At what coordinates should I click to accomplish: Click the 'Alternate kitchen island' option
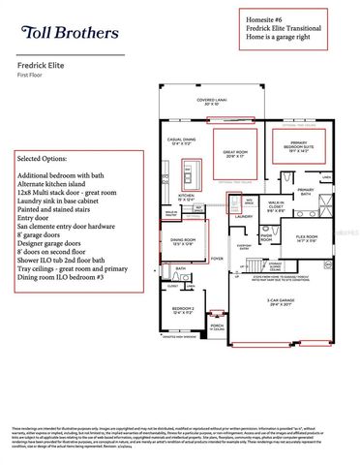[56, 183]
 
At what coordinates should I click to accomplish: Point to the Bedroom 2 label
[183, 310]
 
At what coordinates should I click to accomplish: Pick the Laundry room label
[243, 216]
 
